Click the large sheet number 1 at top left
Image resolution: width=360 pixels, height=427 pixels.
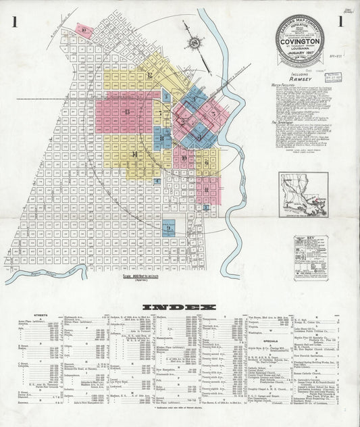pyautogui.click(x=14, y=22)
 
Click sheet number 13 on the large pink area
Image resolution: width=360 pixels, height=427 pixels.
pyautogui.click(x=127, y=110)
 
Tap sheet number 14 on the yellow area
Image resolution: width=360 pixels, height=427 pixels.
pyautogui.click(x=134, y=155)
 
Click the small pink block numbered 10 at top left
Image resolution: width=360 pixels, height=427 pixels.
pyautogui.click(x=84, y=30)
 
